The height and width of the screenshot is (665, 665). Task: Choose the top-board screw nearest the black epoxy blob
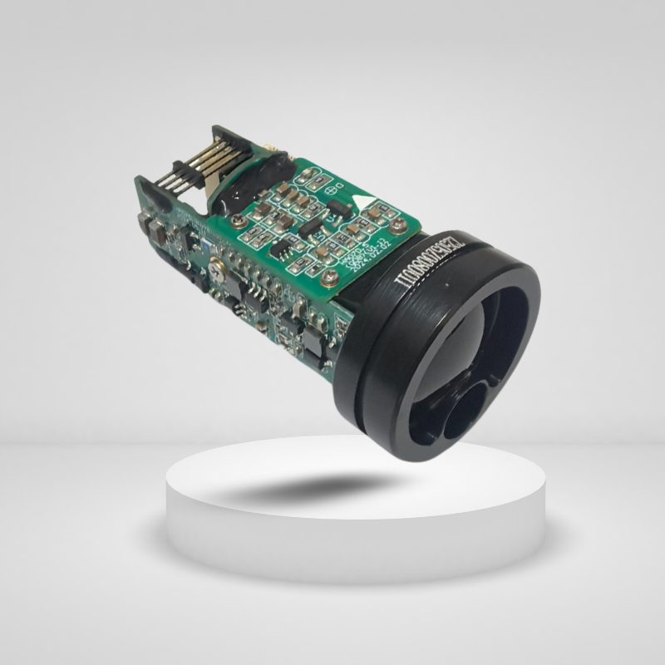pos(239,221)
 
